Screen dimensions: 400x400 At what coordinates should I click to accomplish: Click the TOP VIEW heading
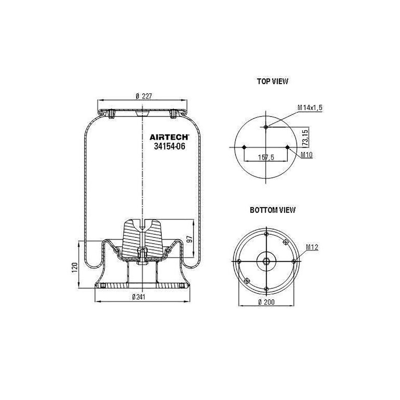tap(272, 81)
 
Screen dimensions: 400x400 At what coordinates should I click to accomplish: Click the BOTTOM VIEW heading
tap(272, 210)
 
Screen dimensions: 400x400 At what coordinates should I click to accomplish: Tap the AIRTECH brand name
tap(169, 137)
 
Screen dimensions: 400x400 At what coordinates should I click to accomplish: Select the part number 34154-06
tap(170, 146)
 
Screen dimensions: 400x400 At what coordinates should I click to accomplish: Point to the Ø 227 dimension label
tap(144, 96)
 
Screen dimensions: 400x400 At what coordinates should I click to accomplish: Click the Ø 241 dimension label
tap(139, 297)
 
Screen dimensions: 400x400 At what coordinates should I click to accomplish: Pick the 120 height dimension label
tap(75, 267)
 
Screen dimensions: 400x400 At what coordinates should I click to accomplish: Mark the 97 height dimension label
tap(189, 239)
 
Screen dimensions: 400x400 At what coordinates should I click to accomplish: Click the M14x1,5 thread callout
tap(310, 108)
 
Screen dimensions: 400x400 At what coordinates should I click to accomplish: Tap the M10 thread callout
tap(306, 155)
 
